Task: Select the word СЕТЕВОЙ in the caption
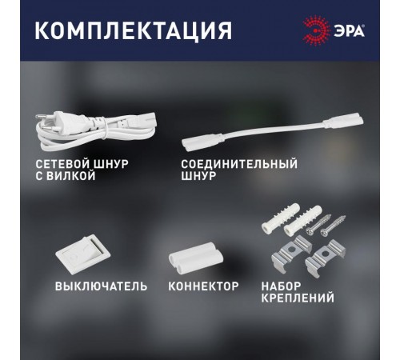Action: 61,163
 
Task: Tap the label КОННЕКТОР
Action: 203,286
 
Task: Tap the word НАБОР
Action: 281,286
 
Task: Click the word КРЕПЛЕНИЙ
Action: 297,298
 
